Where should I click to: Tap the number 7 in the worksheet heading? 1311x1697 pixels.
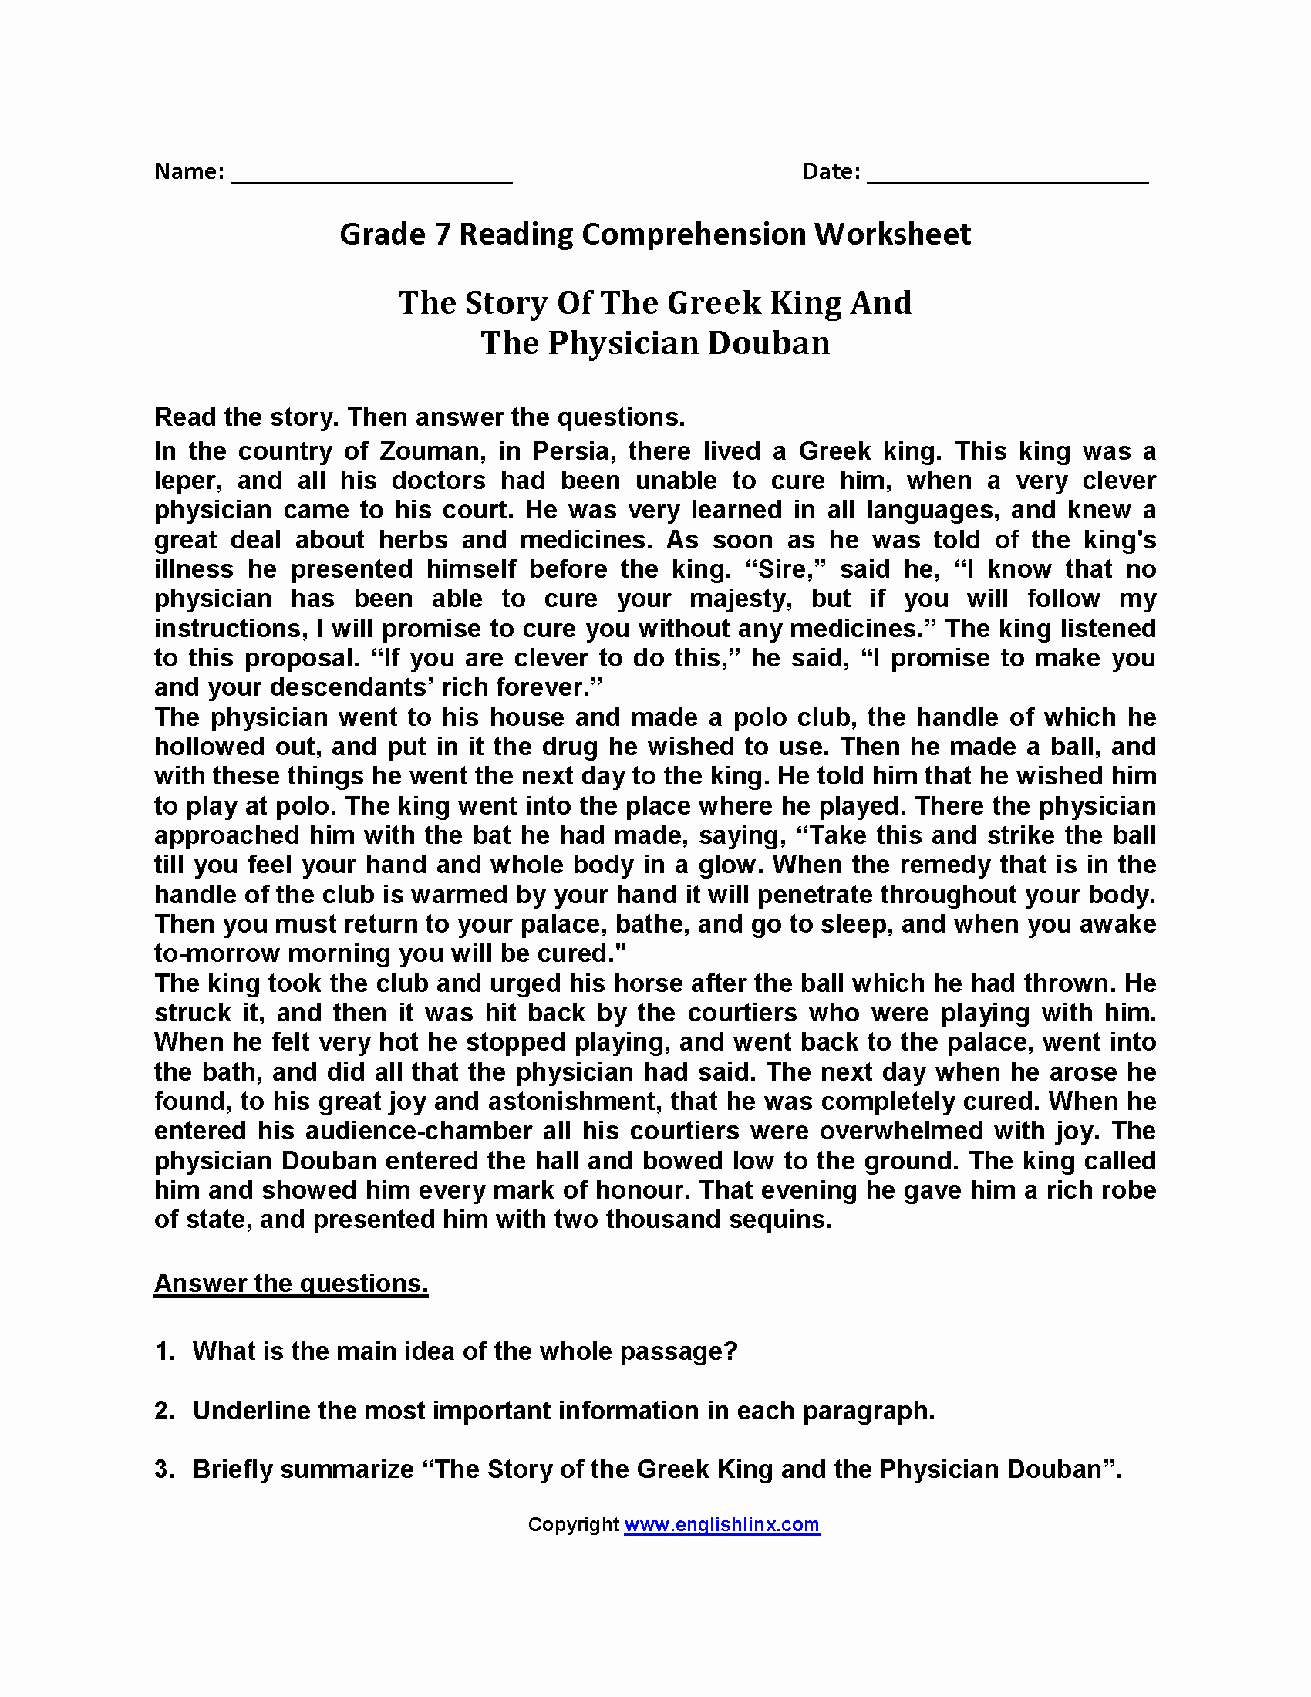coord(443,234)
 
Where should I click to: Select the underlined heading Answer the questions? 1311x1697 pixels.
coord(292,1284)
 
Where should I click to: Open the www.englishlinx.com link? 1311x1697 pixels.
coord(722,1525)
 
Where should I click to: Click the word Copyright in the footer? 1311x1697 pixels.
coord(573,1525)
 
